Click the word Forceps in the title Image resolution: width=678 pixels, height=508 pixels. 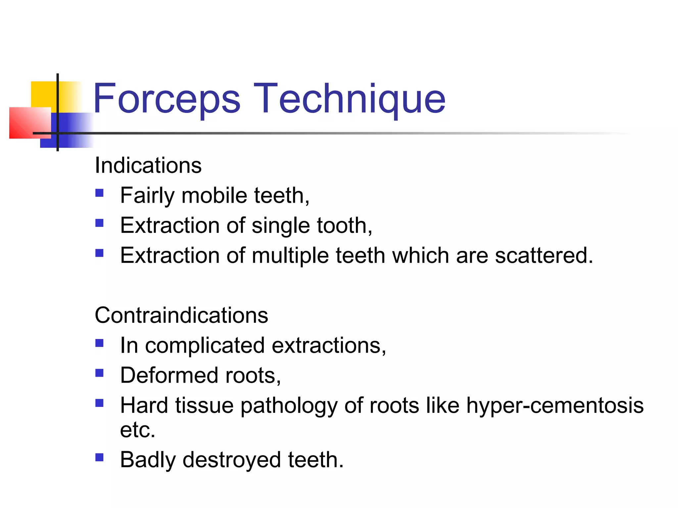[x=167, y=99]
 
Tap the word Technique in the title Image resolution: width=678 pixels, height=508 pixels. [x=350, y=99]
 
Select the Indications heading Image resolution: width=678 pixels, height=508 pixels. [x=148, y=165]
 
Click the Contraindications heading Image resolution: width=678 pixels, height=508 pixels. [x=181, y=315]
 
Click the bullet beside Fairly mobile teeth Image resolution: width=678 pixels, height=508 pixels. [x=99, y=193]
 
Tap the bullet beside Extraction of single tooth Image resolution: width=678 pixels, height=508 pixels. [x=99, y=223]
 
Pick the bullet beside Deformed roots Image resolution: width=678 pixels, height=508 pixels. [x=99, y=373]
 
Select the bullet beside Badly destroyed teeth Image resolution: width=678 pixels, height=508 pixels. [x=99, y=457]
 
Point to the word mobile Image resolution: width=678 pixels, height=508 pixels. [x=214, y=195]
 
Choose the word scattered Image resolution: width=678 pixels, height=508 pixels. [x=544, y=255]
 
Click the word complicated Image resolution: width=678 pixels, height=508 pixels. [x=205, y=346]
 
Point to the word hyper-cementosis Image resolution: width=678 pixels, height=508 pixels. [x=555, y=405]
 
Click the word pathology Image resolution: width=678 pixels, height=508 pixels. [x=288, y=406]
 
